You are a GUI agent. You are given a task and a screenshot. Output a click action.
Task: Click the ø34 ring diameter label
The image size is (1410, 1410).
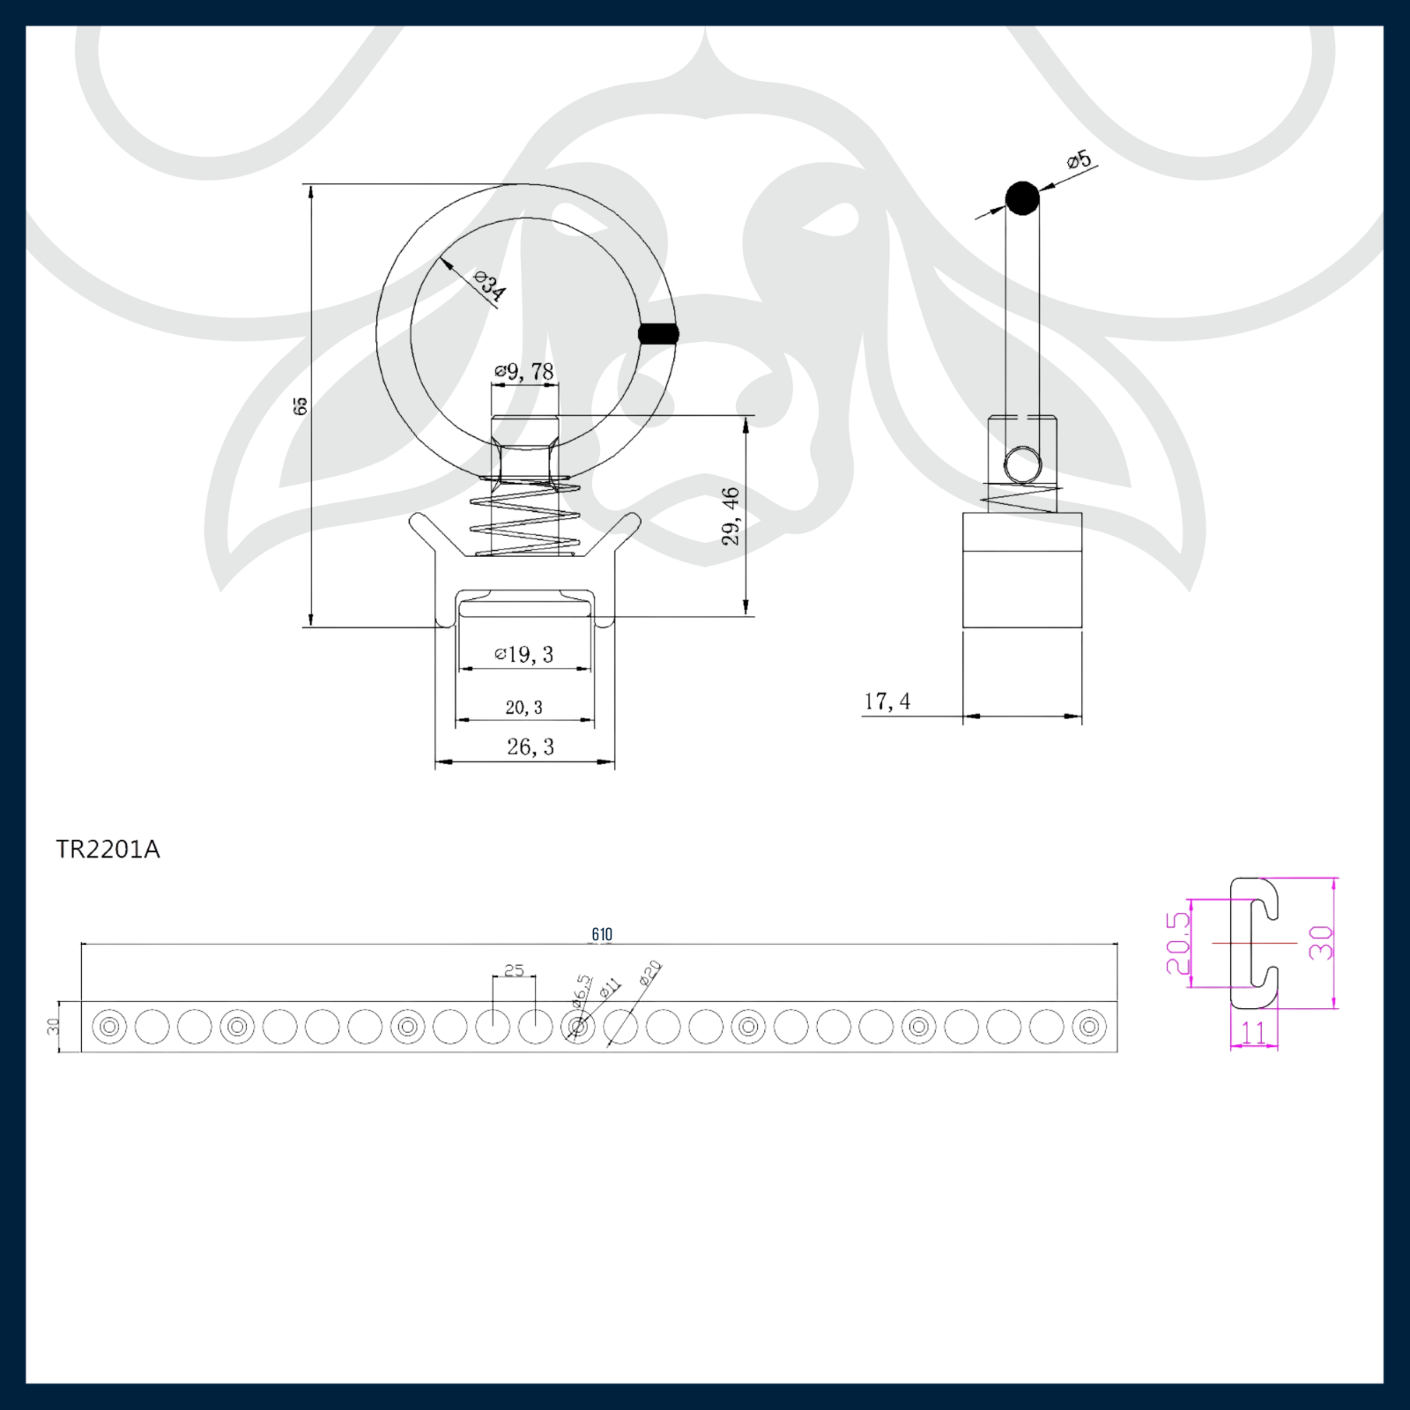coord(489,287)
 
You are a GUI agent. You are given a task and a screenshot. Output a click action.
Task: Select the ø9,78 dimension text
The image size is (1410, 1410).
coord(524,372)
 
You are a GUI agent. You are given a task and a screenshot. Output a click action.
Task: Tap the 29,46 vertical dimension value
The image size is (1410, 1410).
coord(731,516)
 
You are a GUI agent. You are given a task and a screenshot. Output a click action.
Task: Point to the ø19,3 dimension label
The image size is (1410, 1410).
coord(524,654)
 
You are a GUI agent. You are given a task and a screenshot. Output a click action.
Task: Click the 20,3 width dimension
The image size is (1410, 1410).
coord(523,708)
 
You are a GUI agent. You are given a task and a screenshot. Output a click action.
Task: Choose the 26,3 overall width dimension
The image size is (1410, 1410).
coord(531,747)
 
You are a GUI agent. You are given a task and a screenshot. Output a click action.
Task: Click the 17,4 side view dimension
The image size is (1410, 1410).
coord(887,701)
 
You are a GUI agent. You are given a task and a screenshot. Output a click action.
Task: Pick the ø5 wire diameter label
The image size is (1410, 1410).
coord(1079,160)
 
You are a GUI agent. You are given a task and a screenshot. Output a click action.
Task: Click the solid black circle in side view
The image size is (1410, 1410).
coord(1022,198)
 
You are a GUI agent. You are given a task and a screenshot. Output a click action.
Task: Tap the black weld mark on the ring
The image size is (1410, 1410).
coord(658,334)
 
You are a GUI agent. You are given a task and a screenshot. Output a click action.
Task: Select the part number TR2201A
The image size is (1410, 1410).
coord(108,850)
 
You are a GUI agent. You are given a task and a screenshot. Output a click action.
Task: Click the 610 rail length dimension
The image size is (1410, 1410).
coord(602,934)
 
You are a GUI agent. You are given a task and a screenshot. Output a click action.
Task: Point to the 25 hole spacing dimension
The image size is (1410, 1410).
coord(514,970)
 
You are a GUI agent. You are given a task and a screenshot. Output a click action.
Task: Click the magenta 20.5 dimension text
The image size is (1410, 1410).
coord(1178,943)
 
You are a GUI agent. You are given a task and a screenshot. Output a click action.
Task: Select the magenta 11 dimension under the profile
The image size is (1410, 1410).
coord(1253,1032)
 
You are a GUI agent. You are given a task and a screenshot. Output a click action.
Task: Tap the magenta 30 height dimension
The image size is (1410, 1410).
coord(1321,943)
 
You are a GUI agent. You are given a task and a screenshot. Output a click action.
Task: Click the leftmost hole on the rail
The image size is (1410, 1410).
coord(109,1027)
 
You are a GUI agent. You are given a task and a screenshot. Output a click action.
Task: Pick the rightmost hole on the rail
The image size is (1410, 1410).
coord(1089,1027)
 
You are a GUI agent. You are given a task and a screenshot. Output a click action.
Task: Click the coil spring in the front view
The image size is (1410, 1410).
coord(523,520)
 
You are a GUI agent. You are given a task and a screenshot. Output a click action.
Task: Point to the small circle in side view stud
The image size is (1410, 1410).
coord(1022,464)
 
